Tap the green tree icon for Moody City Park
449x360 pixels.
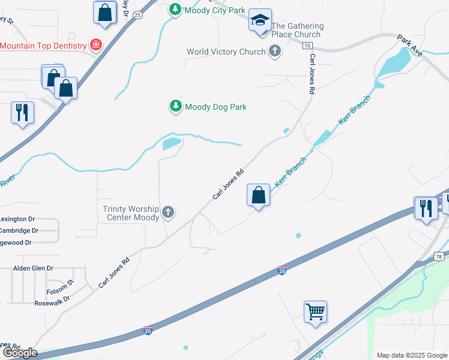(x=175, y=10)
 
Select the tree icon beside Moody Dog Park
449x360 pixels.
(x=175, y=107)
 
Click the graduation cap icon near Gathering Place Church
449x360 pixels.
(x=259, y=20)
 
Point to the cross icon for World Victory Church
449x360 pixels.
(x=275, y=52)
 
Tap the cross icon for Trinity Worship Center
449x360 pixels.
(x=168, y=211)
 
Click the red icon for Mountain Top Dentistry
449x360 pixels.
(x=95, y=45)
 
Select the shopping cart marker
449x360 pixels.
(x=315, y=312)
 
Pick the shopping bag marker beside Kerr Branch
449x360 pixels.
(x=259, y=195)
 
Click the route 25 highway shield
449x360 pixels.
(x=137, y=14)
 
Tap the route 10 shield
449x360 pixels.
(x=307, y=46)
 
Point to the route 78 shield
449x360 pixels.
(x=439, y=257)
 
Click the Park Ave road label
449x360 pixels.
(x=410, y=46)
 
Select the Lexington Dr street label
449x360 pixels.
(x=17, y=219)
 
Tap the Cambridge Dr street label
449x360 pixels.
(x=19, y=230)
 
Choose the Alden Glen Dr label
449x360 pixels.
(x=33, y=268)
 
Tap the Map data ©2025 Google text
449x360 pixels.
(x=411, y=355)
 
